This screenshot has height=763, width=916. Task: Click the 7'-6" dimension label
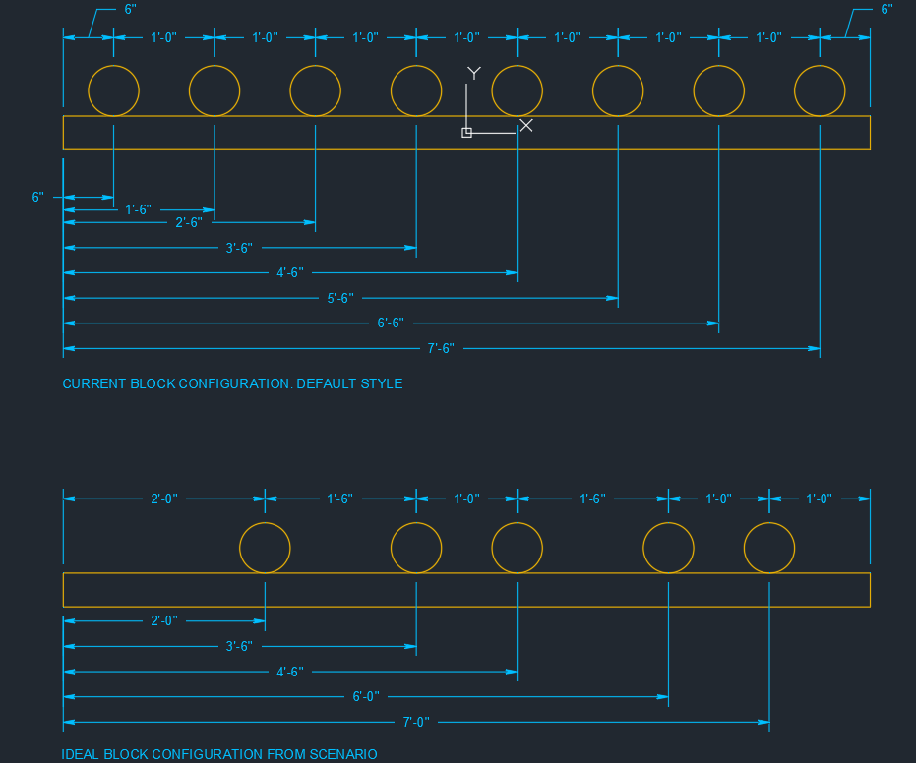pos(441,348)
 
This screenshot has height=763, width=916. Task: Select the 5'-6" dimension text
pos(340,298)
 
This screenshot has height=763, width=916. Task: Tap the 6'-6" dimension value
pos(391,323)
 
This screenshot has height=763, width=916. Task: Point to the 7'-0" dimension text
pos(416,723)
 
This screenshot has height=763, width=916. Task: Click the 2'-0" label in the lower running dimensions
pos(164,621)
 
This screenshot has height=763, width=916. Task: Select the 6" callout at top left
pos(130,10)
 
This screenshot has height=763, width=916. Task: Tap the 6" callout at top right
pos(887,10)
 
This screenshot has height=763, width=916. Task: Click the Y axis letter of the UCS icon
pos(474,73)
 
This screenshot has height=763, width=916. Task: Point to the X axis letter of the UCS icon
pos(526,125)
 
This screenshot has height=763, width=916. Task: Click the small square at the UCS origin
pos(466,133)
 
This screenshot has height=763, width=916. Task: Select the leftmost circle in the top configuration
pos(114,90)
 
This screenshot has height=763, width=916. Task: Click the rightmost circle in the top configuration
pos(820,90)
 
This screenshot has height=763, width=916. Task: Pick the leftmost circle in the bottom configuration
pos(266,548)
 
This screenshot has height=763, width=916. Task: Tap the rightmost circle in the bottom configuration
pos(769,548)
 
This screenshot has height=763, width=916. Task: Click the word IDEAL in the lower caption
pos(81,754)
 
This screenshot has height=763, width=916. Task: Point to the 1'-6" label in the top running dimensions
pos(139,209)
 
